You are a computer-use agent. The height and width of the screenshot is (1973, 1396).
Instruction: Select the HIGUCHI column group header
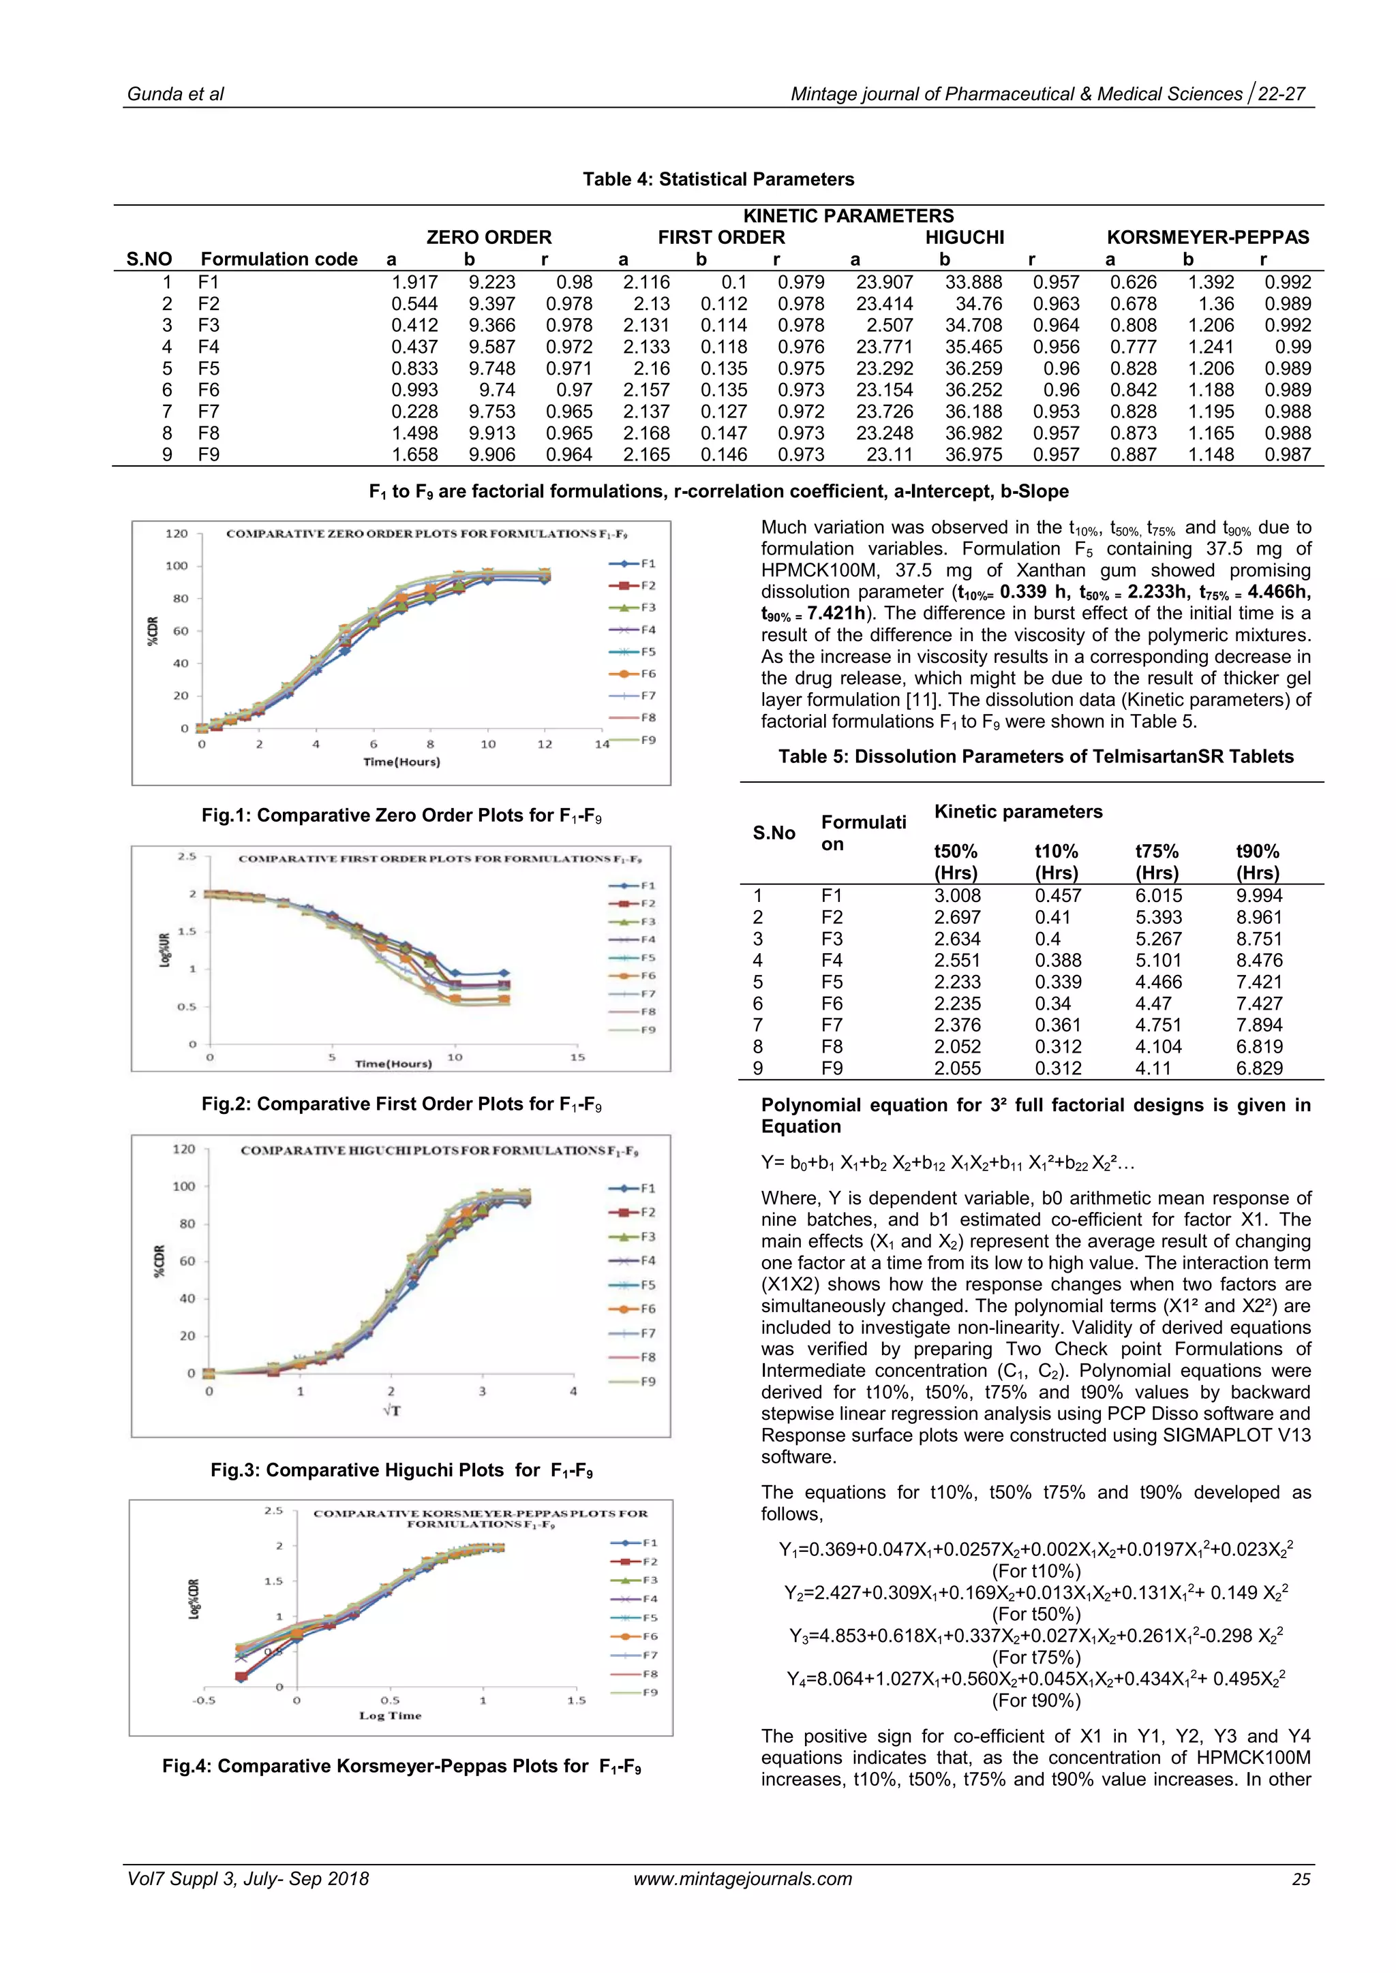[x=964, y=237]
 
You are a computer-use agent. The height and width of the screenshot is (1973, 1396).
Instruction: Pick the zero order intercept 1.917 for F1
[x=414, y=282]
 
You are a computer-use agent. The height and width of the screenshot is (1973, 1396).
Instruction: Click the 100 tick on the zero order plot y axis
[x=177, y=565]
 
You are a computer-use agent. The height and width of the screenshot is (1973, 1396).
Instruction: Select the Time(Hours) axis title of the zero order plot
[x=401, y=762]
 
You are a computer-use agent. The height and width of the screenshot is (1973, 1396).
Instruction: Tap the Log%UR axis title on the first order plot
[x=164, y=950]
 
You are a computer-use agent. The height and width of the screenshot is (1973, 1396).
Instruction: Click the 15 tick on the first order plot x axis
[x=577, y=1057]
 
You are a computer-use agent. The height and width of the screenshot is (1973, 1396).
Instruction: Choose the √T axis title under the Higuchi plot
[x=392, y=1410]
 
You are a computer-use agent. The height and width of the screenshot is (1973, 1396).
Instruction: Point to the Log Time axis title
[x=391, y=1715]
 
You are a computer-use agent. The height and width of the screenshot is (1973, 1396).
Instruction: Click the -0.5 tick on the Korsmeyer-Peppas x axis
[x=204, y=1700]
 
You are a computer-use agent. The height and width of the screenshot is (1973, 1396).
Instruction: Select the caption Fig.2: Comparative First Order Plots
[x=401, y=1104]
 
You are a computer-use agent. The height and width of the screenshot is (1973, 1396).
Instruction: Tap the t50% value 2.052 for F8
[x=956, y=1046]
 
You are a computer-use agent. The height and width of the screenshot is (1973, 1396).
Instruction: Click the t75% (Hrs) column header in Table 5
[x=1156, y=862]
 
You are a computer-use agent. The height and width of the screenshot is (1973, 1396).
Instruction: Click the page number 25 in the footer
[x=1301, y=1878]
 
